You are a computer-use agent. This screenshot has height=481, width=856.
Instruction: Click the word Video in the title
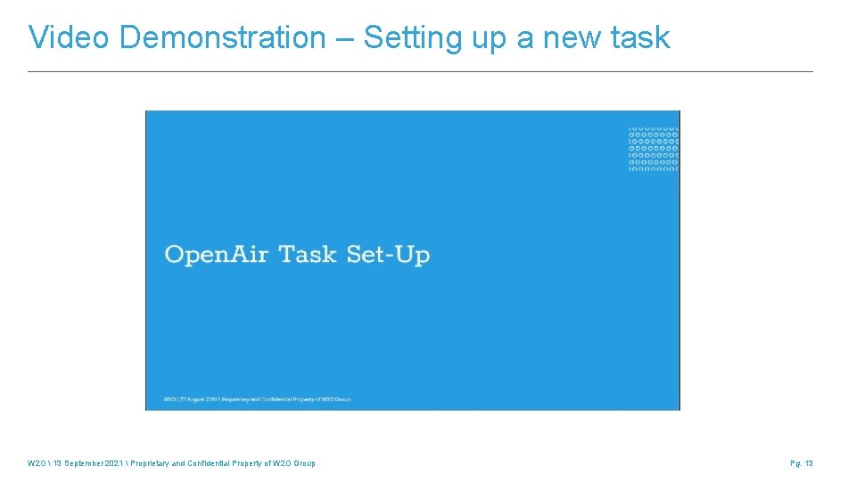[70, 38]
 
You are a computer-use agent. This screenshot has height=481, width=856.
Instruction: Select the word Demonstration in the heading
[222, 38]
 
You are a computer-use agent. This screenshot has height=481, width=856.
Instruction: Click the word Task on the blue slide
[309, 255]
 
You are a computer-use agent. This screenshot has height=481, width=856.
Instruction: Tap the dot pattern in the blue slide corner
[654, 148]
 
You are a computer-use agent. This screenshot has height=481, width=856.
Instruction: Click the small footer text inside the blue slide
[258, 398]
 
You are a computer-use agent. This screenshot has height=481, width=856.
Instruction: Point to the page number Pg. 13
[802, 463]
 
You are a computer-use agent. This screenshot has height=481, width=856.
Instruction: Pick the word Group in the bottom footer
[304, 463]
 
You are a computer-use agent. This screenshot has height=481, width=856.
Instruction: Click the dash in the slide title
[345, 38]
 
